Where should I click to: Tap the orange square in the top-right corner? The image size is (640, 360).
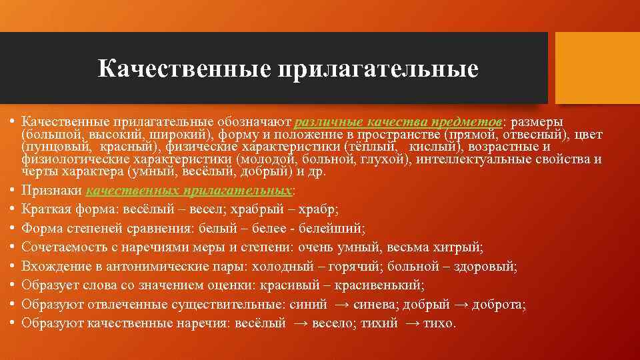click(x=597, y=68)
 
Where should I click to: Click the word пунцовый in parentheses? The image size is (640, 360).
click(x=49, y=147)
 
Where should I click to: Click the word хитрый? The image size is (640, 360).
click(x=457, y=247)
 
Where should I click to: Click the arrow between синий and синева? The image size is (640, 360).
click(x=342, y=305)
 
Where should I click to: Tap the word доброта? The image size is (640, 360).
click(x=500, y=305)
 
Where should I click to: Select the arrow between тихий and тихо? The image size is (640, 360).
click(x=412, y=323)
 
